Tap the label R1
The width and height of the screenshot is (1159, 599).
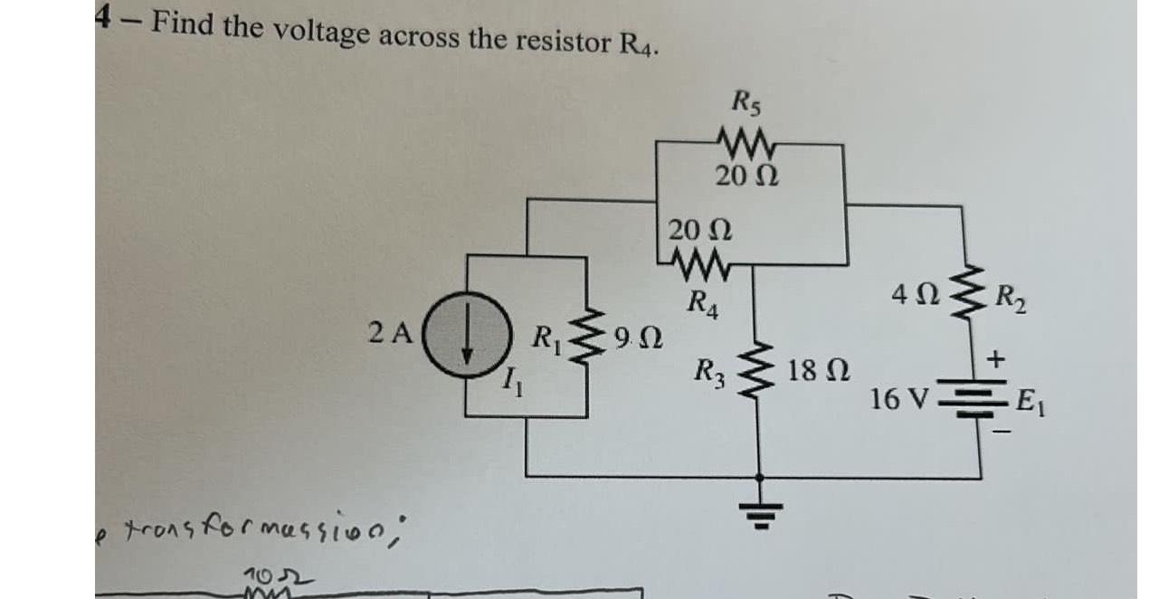click(545, 342)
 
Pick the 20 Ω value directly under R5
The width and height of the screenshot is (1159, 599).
click(742, 175)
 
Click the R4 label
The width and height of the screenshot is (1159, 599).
click(702, 299)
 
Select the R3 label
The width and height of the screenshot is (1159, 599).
click(708, 370)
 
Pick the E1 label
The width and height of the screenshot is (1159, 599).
click(1031, 398)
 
